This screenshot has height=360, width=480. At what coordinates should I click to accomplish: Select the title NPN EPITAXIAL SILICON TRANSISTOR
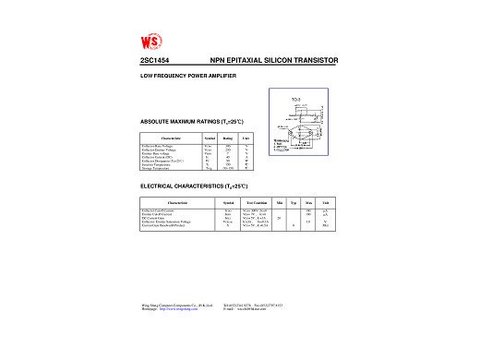tap(274, 60)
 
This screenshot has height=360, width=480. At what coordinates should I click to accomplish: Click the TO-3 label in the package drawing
tap(295, 97)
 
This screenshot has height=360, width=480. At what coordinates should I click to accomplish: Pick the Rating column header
tap(227, 138)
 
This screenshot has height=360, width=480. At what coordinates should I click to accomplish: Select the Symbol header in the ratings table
tap(209, 138)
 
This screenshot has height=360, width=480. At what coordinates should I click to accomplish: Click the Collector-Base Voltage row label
tap(159, 146)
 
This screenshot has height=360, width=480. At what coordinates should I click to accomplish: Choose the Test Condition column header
tap(257, 201)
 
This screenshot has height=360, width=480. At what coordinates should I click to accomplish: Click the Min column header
tap(279, 201)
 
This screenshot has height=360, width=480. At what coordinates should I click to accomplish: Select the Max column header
tap(308, 201)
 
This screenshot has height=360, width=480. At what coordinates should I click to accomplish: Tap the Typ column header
tap(293, 201)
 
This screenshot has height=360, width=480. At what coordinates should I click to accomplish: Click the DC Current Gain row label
tap(152, 218)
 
